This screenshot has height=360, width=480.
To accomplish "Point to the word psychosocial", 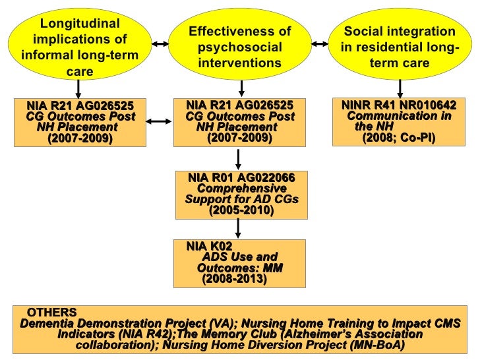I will (x=239, y=47).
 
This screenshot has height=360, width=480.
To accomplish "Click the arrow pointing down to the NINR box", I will (x=400, y=88).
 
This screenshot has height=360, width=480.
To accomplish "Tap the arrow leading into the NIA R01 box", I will (x=238, y=159).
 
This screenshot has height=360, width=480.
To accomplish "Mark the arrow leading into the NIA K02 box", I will (x=238, y=228).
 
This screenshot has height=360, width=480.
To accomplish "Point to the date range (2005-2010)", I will (x=241, y=210).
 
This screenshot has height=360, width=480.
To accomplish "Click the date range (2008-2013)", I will (x=234, y=279).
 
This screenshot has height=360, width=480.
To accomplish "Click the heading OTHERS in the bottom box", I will (x=51, y=312).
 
